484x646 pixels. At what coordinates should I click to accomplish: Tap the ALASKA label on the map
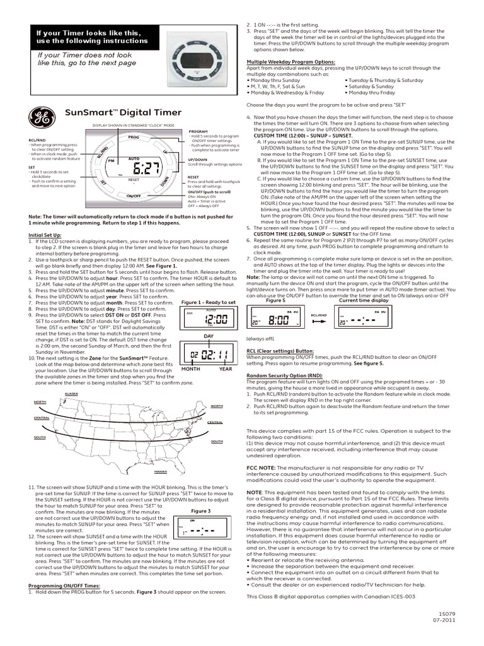pos(72,393)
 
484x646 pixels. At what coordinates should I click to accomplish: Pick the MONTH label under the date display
pos(190,369)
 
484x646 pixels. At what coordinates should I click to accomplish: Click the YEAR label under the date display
pos(226,369)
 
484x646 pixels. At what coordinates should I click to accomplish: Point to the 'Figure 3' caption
pos(200,510)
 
